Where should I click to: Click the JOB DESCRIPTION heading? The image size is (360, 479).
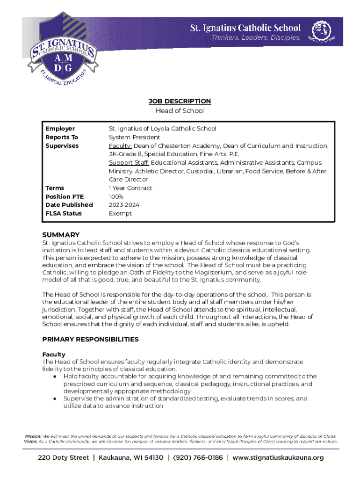tap(180, 101)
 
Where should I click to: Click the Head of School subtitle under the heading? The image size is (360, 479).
tap(180, 111)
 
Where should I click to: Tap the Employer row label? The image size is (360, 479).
tap(60, 129)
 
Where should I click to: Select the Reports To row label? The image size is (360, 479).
tap(62, 137)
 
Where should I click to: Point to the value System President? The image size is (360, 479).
tap(134, 137)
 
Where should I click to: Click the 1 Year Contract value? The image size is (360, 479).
tap(130, 188)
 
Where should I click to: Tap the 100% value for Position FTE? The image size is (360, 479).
tap(116, 196)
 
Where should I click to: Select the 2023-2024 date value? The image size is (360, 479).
tap(124, 205)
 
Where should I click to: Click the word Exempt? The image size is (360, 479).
tap(120, 213)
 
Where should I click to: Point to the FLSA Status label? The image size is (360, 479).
tap(64, 213)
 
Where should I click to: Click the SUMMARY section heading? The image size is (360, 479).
tap(61, 235)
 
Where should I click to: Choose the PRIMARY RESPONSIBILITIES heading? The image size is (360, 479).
tap(90, 339)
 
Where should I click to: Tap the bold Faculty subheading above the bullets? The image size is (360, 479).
tap(54, 355)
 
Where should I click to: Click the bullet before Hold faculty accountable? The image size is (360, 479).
tap(55, 377)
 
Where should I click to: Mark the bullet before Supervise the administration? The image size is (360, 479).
tap(55, 399)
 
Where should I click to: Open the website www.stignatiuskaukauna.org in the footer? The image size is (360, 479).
tap(278, 458)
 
